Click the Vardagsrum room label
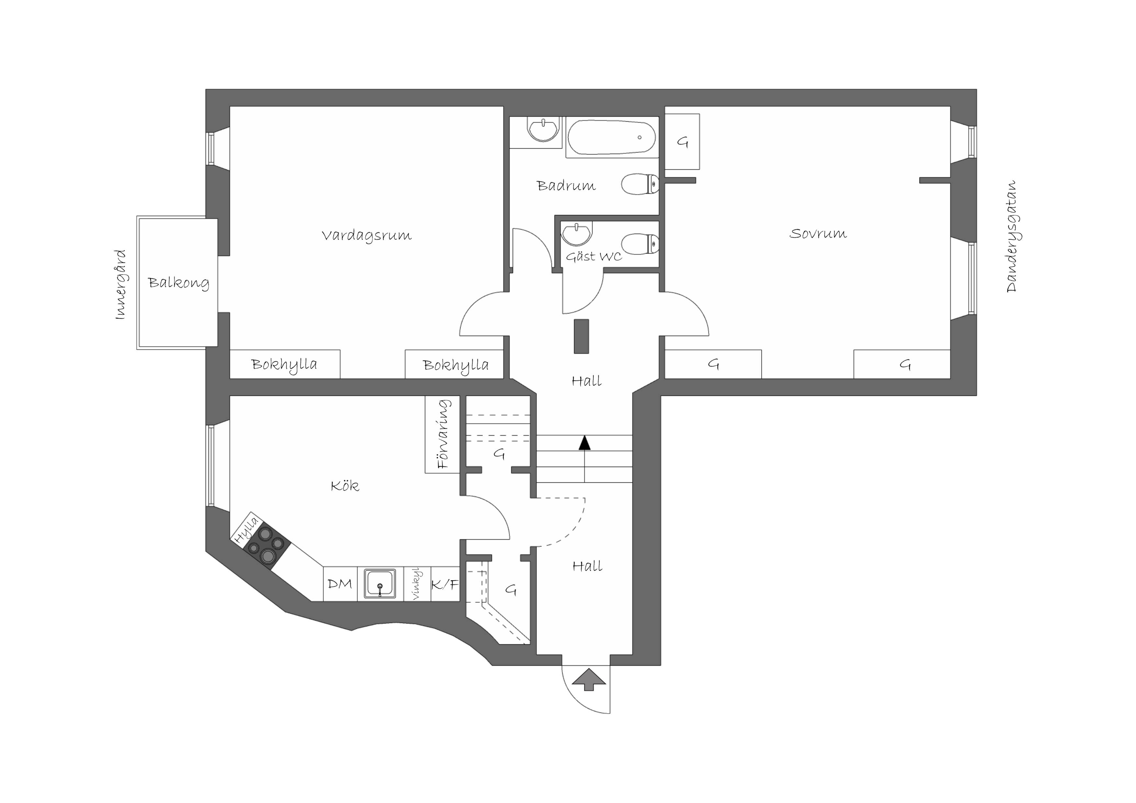pos(367,235)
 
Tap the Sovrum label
pos(818,233)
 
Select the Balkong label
pos(178,283)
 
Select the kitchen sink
pos(380,584)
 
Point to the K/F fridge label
pos(445,585)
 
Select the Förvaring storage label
pos(444,434)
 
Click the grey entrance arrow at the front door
pos(589,679)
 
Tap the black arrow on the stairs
pos(585,443)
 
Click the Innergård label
pos(120,285)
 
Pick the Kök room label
pos(345,486)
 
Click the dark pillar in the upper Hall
pos(581,336)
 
